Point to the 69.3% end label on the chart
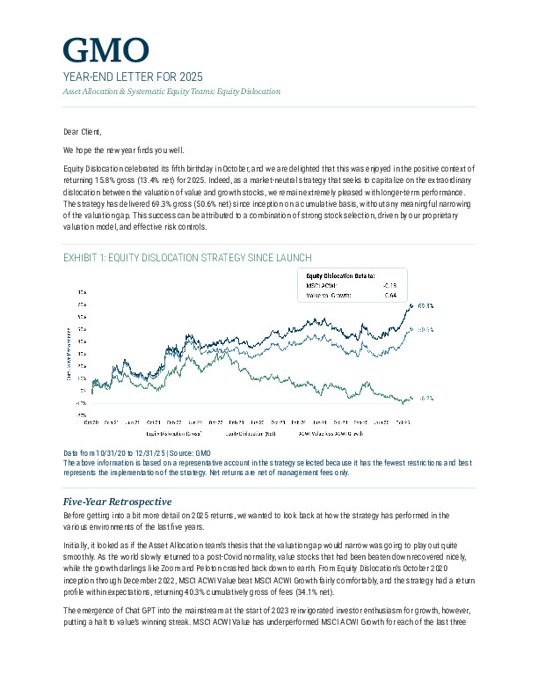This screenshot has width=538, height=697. pyautogui.click(x=425, y=306)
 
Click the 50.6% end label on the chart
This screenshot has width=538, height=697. pyautogui.click(x=425, y=330)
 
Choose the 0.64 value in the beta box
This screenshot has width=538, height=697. pyautogui.click(x=391, y=296)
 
